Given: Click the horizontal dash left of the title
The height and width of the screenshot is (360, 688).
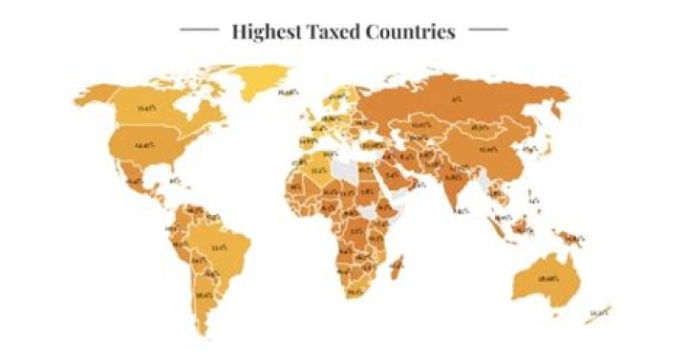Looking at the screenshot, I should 199,30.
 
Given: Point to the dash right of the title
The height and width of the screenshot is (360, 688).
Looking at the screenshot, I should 487,30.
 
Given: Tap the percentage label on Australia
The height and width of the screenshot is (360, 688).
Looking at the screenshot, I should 548,278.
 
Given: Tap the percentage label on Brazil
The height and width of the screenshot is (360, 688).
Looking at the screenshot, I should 218,247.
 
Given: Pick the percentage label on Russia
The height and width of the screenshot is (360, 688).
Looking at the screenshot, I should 457,98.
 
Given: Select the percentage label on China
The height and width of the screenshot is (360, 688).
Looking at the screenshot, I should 488,150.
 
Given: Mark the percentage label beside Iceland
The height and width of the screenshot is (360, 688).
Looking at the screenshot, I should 286,94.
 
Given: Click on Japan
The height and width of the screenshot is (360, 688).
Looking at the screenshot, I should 551,149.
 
